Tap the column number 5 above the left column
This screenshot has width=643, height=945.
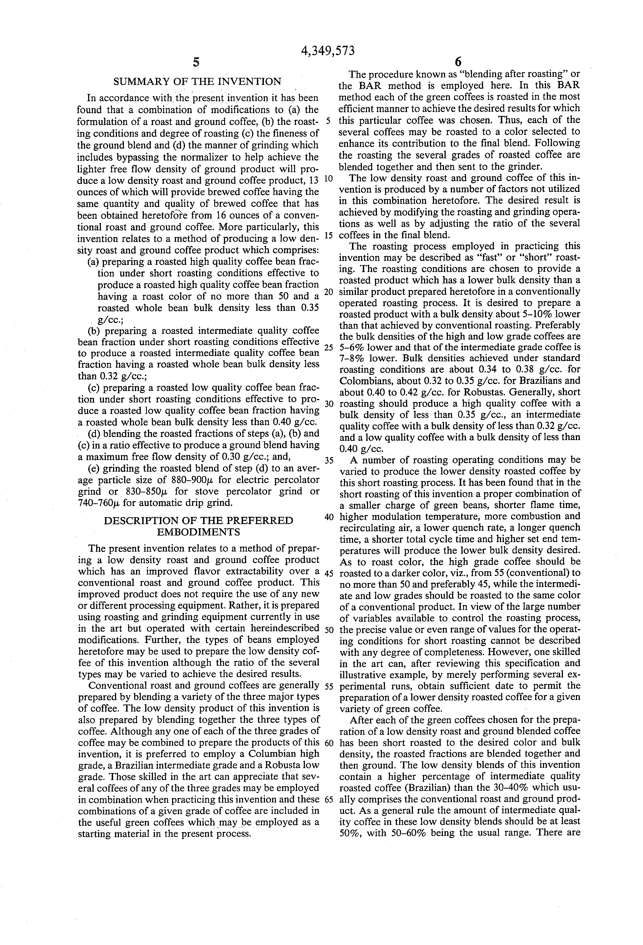[196, 62]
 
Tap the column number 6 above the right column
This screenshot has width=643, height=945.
[458, 62]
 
